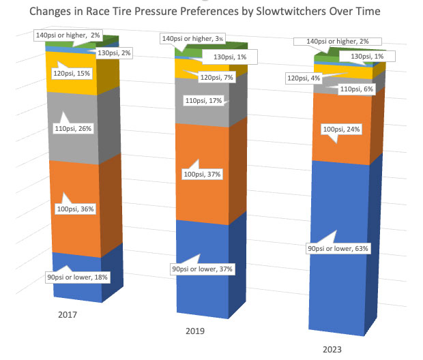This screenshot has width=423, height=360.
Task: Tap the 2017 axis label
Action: (x=68, y=316)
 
